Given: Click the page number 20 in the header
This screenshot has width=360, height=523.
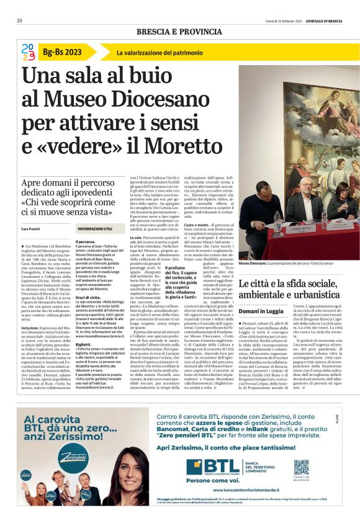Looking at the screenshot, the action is click(x=20, y=20).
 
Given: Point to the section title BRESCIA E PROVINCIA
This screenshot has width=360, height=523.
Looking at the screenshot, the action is click(x=179, y=32).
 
